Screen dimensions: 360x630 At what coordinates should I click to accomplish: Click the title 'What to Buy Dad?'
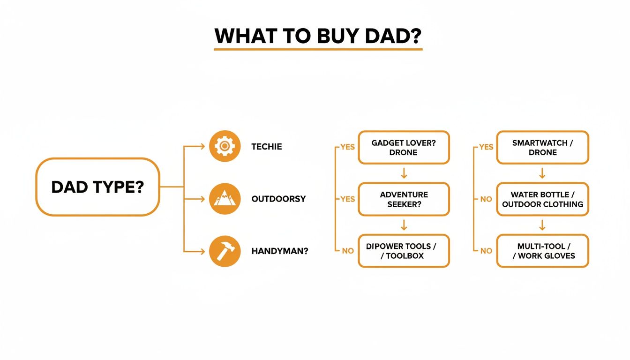point(318,36)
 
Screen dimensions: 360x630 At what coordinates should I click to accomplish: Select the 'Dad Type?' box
point(98,187)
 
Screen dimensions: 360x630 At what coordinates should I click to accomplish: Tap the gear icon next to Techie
point(225,147)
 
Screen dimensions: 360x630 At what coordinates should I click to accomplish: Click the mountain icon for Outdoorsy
point(225,199)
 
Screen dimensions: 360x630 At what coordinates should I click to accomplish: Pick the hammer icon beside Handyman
point(225,251)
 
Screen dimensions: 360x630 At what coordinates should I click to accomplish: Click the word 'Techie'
point(267,147)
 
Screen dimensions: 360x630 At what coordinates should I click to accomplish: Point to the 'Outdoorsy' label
point(278,199)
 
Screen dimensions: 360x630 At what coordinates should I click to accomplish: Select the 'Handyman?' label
point(280,251)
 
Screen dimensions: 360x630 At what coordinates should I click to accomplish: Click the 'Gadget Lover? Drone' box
point(404,148)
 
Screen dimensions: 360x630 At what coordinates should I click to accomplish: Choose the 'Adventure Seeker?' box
point(404,199)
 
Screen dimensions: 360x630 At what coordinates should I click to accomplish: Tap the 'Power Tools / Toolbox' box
point(404,251)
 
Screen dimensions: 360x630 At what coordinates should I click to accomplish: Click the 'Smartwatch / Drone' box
point(542,148)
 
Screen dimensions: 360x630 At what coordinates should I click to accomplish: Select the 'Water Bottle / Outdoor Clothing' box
point(542,199)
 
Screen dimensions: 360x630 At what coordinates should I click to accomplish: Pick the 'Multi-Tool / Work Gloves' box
point(542,251)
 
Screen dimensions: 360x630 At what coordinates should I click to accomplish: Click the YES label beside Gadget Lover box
point(347,147)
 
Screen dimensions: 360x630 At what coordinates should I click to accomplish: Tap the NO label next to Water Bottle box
point(486,199)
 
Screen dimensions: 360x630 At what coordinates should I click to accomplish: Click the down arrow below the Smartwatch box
point(542,173)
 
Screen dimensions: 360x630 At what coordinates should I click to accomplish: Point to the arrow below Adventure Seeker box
point(404,225)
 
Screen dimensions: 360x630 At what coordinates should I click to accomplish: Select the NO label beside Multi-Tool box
point(486,251)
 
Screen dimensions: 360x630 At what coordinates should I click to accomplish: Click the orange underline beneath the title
point(318,49)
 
